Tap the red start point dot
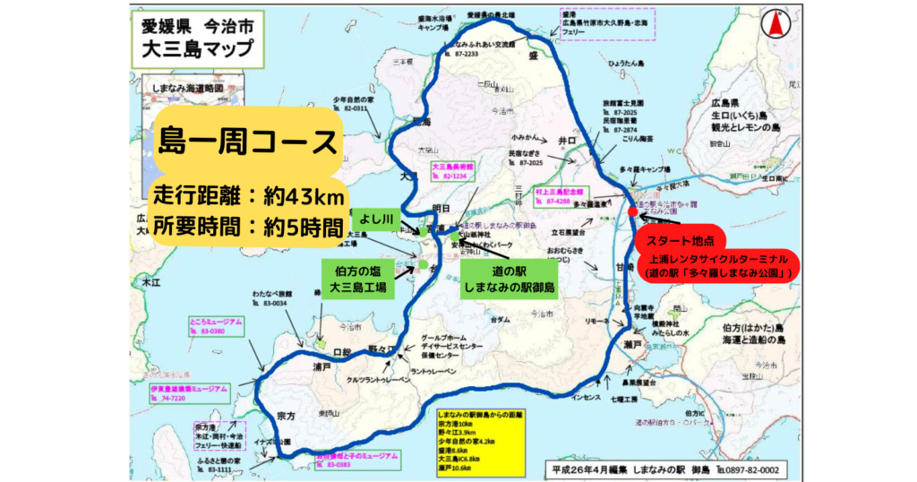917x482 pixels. click(x=633, y=212)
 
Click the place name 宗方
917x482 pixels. click(x=286, y=417)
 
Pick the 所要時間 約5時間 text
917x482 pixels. click(x=248, y=225)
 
